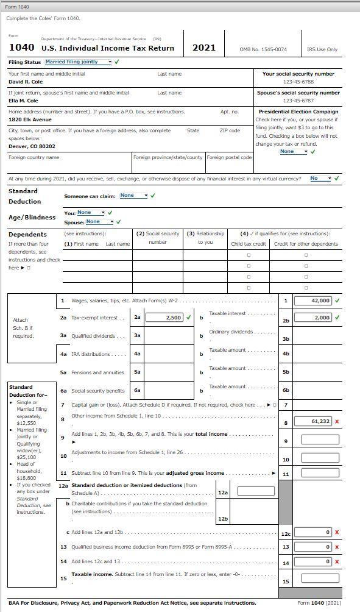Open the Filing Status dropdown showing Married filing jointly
coord(79,62)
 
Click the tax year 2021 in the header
coord(203,48)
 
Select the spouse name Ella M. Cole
coord(23,101)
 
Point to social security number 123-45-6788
coord(298,81)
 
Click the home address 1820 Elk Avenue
coord(30,119)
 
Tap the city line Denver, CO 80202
coord(32,146)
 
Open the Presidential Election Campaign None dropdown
coord(294,151)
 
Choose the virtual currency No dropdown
coord(320,179)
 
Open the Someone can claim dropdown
coord(134,196)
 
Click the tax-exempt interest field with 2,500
coord(166,318)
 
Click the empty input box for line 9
coord(316,439)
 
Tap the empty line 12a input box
coord(256,491)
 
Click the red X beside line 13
coord(337,547)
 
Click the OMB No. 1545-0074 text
coord(263,49)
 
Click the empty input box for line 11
coord(316,474)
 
